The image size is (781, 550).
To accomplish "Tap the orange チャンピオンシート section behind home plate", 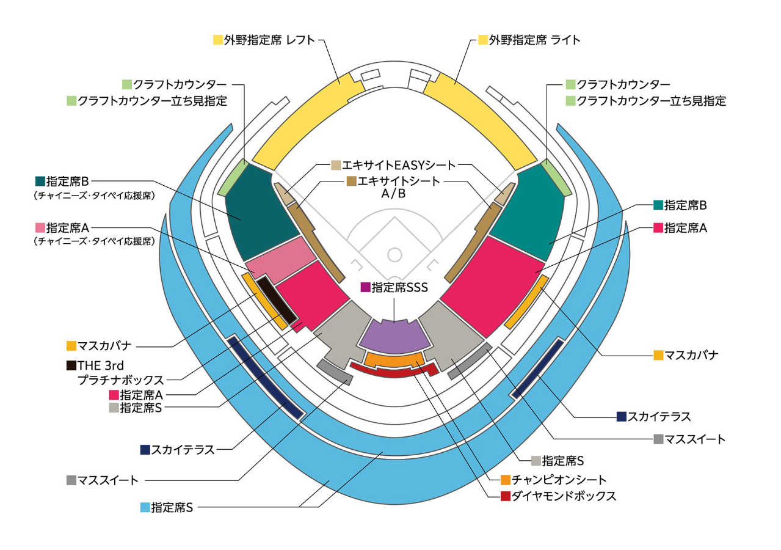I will [394, 359].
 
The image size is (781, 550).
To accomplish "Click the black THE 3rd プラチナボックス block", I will [276, 301].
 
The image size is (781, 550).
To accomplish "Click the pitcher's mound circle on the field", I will [394, 253].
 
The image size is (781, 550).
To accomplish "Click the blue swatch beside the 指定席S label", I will [145, 507].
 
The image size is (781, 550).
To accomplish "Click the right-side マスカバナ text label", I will [691, 355].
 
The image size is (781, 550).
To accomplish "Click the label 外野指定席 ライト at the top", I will [534, 40].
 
